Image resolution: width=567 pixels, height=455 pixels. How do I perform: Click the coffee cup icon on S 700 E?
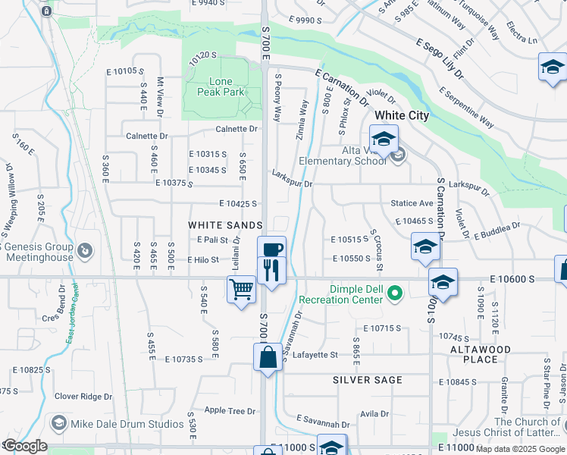point(271,249)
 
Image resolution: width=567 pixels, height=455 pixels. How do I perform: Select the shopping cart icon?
point(241,289)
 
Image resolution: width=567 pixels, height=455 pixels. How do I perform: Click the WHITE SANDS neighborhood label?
point(224,225)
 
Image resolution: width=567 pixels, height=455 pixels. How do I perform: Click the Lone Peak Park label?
point(217,86)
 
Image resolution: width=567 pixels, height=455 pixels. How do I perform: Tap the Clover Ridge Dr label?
point(83,396)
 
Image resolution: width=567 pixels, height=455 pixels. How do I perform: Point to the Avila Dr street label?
point(374,414)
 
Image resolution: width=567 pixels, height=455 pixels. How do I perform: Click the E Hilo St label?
point(202,260)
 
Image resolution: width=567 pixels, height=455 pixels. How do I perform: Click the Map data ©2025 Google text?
point(521,449)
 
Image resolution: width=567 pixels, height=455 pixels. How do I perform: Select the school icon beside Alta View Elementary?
point(384,140)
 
